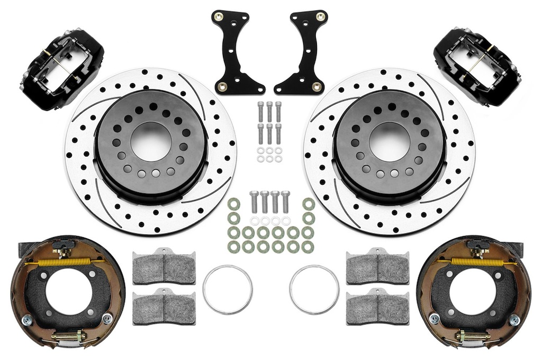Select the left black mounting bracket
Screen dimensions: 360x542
[x=233, y=53]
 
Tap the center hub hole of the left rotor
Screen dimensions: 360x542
[x=151, y=141]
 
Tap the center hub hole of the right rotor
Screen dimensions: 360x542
[x=390, y=141]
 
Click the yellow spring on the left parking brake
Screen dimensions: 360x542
[x=56, y=262]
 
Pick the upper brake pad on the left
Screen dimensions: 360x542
[x=164, y=267]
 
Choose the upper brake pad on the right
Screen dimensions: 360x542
[x=377, y=266]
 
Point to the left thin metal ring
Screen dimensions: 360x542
[x=227, y=290]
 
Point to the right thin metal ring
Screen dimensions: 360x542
[x=314, y=290]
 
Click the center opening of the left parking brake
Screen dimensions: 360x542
[x=67, y=292]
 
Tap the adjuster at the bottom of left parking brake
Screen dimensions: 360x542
[x=69, y=336]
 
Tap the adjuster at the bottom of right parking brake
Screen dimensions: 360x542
[x=472, y=336]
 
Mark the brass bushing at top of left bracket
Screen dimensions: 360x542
[x=217, y=16]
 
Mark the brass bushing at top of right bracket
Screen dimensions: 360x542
[x=321, y=16]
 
